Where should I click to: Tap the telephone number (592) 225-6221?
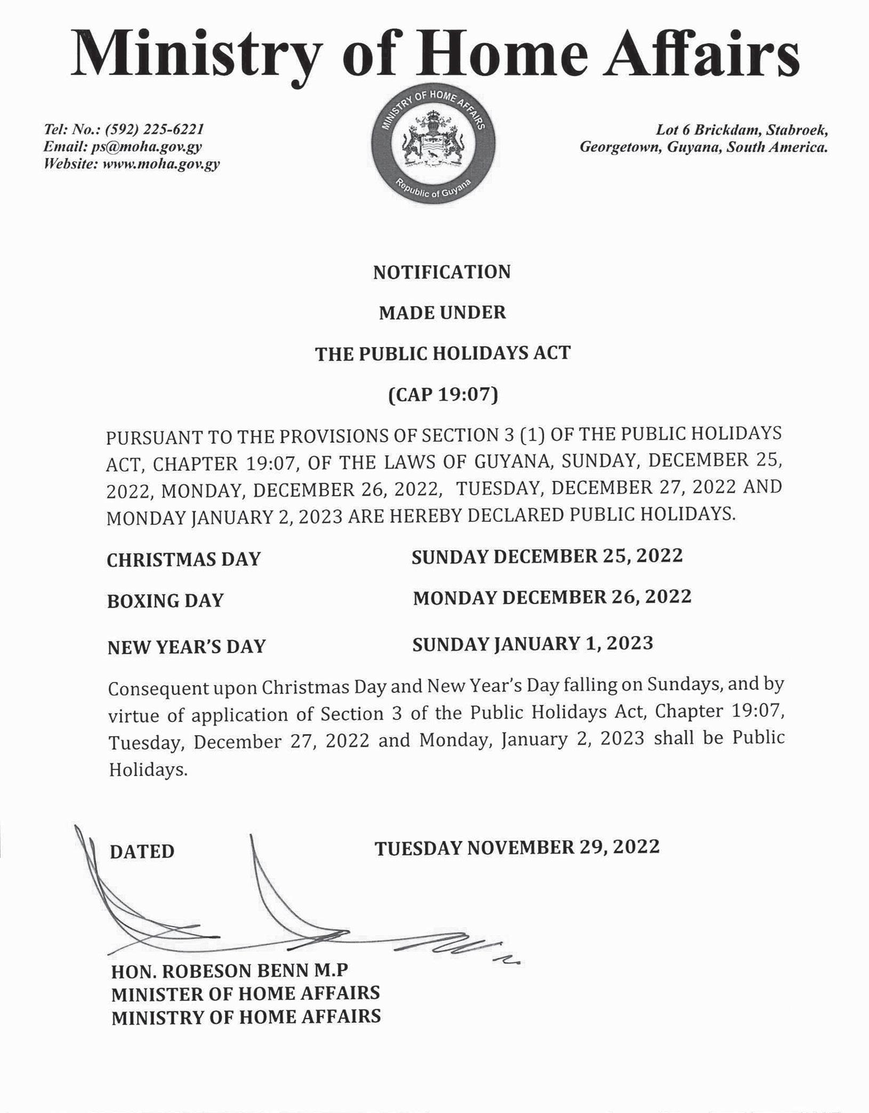[x=155, y=130]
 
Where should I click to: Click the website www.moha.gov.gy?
[x=160, y=164]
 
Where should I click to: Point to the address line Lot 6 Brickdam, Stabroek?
[x=742, y=130]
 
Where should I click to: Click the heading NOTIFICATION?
[x=441, y=272]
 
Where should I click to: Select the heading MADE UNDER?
[x=442, y=312]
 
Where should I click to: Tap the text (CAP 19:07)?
[x=443, y=394]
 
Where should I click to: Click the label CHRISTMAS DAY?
[x=183, y=559]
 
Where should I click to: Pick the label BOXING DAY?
[x=165, y=601]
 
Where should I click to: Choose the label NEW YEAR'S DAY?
[x=186, y=647]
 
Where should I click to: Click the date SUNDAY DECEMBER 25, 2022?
[x=547, y=556]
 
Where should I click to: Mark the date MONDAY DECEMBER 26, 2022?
[x=552, y=597]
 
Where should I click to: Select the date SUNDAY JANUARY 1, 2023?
[x=533, y=643]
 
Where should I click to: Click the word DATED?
[x=142, y=851]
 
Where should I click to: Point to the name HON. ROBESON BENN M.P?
[x=229, y=971]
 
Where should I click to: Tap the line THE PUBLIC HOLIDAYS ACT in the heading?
[x=442, y=353]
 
